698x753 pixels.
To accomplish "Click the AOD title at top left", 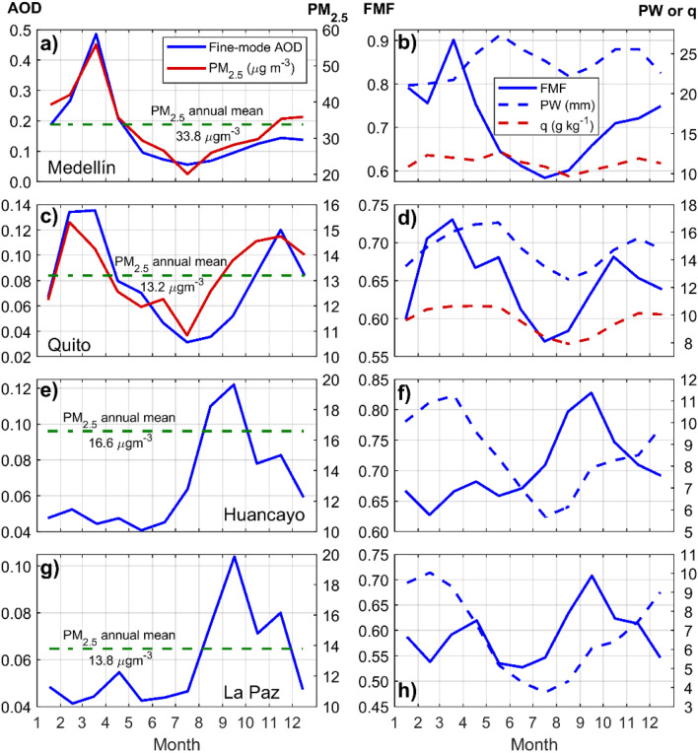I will (20, 10).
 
